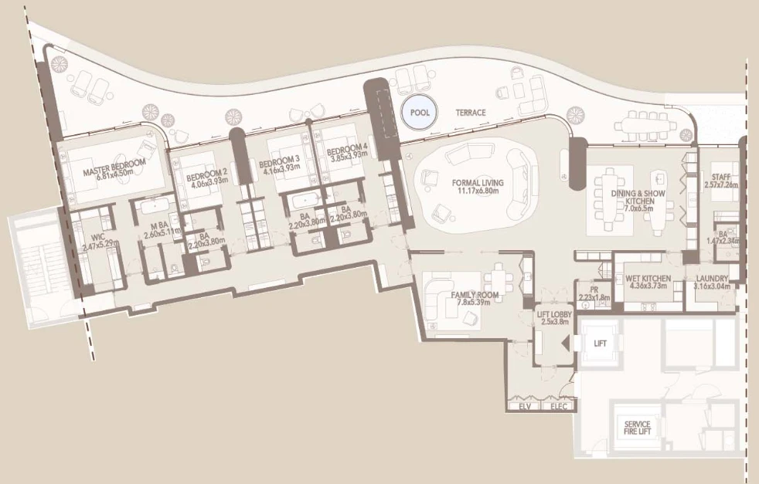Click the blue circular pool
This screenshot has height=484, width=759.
[419, 112]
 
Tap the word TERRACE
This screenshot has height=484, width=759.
[471, 113]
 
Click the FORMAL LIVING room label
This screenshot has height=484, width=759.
[478, 183]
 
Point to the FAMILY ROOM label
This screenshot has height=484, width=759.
[475, 295]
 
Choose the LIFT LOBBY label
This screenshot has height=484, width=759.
[555, 314]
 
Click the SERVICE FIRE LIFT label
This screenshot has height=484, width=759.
[637, 428]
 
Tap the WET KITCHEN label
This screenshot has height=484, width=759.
[648, 279]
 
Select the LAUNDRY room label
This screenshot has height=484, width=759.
[712, 279]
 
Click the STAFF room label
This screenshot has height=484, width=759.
[721, 178]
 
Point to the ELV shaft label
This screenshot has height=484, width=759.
[525, 406]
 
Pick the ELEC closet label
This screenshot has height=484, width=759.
[559, 406]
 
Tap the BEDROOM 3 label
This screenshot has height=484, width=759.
[279, 160]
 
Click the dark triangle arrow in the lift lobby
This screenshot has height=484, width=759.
[564, 344]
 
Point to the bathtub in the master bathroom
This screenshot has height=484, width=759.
[155, 205]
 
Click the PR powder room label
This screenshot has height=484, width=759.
[594, 289]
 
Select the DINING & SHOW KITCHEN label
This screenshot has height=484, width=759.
[638, 198]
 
